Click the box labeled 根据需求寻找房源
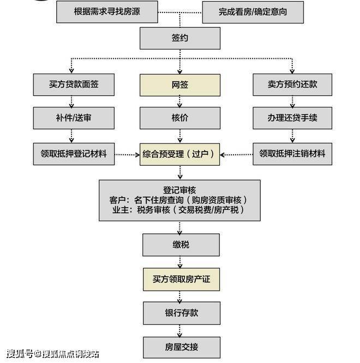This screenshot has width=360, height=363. click(x=107, y=12)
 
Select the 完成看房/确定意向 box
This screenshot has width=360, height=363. click(x=253, y=13)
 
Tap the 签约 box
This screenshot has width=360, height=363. click(x=180, y=38)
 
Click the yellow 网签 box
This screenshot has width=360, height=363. click(x=180, y=85)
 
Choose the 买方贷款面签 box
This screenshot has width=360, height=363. click(x=74, y=84)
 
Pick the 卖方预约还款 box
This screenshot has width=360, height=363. click(x=292, y=84)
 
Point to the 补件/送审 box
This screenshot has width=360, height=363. click(x=74, y=118)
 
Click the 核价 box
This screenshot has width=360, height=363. click(x=180, y=118)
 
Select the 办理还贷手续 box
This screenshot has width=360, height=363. click(x=292, y=118)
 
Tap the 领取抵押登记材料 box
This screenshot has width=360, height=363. click(x=74, y=154)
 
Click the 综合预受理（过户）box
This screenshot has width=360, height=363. click(x=180, y=154)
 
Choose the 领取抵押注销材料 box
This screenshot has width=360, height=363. click(x=292, y=154)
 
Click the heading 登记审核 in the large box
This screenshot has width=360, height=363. click(x=179, y=190)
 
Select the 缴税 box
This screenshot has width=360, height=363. click(x=181, y=245)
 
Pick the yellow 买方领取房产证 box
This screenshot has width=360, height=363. click(x=182, y=280)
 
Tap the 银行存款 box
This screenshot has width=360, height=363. click(x=182, y=313)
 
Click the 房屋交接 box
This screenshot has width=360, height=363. click(x=182, y=348)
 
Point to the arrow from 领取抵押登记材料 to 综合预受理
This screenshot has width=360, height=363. click(x=127, y=155)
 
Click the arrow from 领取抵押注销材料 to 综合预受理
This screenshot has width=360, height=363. click(x=236, y=155)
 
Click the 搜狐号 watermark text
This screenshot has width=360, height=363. click(x=20, y=354)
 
